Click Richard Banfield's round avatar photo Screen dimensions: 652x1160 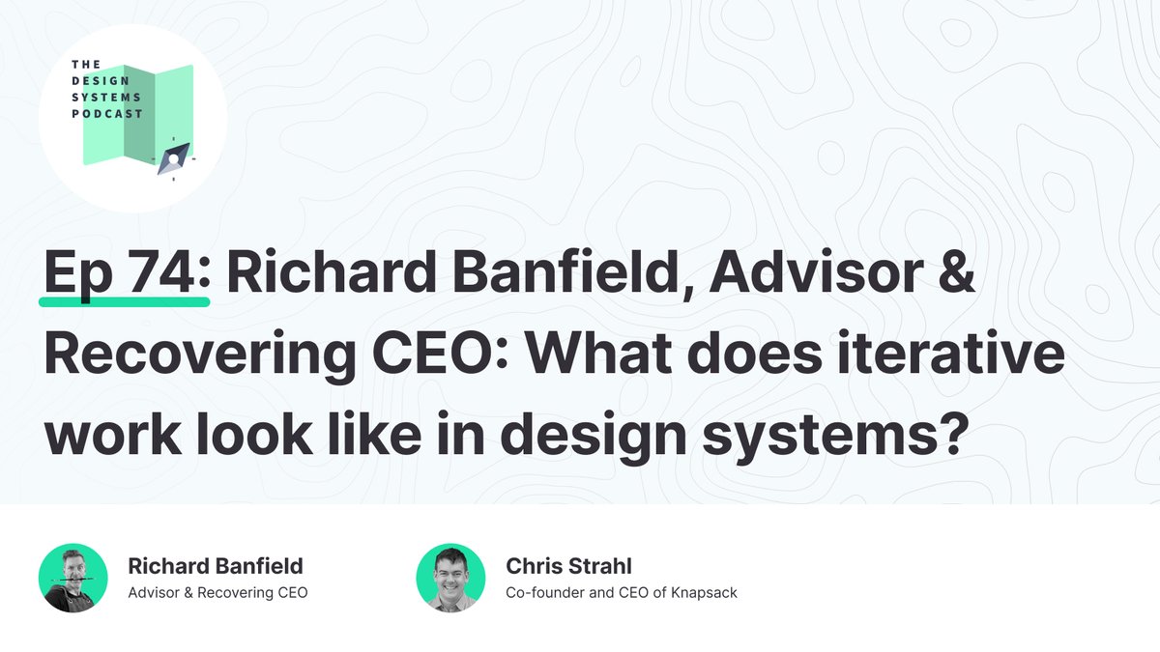(72, 578)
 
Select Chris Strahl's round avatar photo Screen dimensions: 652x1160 (450, 578)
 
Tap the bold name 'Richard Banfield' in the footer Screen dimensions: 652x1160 (216, 565)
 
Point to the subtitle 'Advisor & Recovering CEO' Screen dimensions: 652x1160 (217, 592)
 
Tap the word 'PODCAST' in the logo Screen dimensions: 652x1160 (106, 114)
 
